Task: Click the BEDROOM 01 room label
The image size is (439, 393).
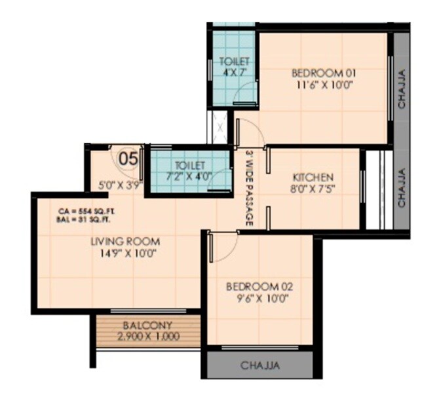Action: coord(322,73)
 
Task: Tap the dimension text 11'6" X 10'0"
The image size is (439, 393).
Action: coord(322,85)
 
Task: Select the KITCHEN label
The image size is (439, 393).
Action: coord(313,177)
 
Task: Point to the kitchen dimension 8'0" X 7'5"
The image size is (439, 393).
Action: coord(313,189)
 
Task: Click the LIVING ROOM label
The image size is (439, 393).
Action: coord(124,241)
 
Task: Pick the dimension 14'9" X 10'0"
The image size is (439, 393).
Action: coord(124,253)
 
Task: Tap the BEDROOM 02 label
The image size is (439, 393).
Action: coord(259,287)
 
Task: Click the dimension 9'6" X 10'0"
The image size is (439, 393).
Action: coord(259,299)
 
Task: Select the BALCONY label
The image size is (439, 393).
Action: coord(147,325)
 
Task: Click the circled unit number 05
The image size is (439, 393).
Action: coord(128,158)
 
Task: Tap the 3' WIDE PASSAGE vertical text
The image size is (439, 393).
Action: coord(250,189)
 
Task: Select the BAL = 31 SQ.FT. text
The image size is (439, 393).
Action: coord(82,219)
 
